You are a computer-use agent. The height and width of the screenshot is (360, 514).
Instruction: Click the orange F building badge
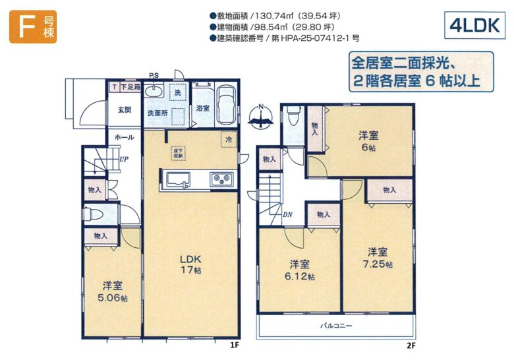(33, 27)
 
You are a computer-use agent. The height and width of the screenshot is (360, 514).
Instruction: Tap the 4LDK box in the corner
(474, 25)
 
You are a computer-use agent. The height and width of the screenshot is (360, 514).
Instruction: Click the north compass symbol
(260, 117)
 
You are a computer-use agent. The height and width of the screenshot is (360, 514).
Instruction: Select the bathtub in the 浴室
(226, 105)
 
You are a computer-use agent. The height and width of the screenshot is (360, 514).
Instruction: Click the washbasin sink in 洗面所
(154, 91)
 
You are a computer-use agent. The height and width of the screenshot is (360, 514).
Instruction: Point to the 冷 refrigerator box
(229, 139)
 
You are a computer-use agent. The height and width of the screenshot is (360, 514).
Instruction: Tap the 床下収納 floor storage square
(178, 153)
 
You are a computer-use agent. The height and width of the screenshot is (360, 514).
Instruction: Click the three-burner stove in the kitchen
(222, 180)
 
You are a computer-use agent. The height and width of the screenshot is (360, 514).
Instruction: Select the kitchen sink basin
(179, 180)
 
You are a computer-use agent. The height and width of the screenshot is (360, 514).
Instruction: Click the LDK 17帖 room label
(190, 264)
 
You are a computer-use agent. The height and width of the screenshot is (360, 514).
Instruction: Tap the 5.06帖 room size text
(113, 298)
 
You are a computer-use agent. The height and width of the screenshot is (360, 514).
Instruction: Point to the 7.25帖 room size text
(378, 264)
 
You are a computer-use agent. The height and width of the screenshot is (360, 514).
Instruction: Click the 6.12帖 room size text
(300, 276)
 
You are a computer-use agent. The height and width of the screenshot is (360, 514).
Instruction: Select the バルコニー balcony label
(336, 326)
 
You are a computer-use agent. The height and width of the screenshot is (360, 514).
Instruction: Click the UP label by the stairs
(124, 160)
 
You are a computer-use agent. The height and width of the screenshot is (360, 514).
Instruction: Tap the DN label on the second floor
(287, 215)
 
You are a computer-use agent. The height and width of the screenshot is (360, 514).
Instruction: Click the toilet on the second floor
(293, 115)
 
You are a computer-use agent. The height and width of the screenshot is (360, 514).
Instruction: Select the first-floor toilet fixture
(94, 215)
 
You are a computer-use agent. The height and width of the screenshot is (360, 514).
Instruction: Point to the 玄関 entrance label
(125, 110)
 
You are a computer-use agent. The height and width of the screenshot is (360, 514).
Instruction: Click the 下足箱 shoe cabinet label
(130, 87)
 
